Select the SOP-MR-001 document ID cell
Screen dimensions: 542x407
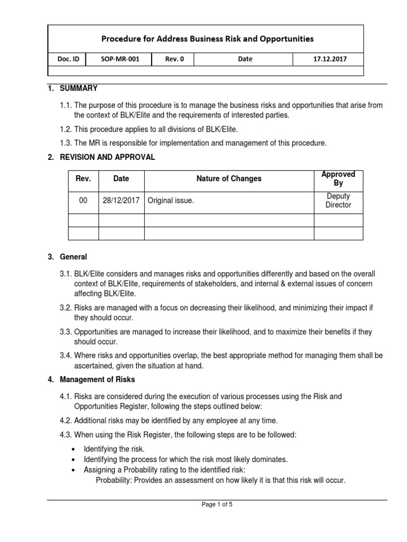tap(120, 59)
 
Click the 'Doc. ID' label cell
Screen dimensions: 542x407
tap(68, 59)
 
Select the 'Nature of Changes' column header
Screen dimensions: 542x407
tap(228, 179)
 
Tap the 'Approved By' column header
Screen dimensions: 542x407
tap(338, 179)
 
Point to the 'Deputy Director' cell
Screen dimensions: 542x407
tap(338, 201)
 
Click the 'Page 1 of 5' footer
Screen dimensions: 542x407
tap(217, 505)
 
